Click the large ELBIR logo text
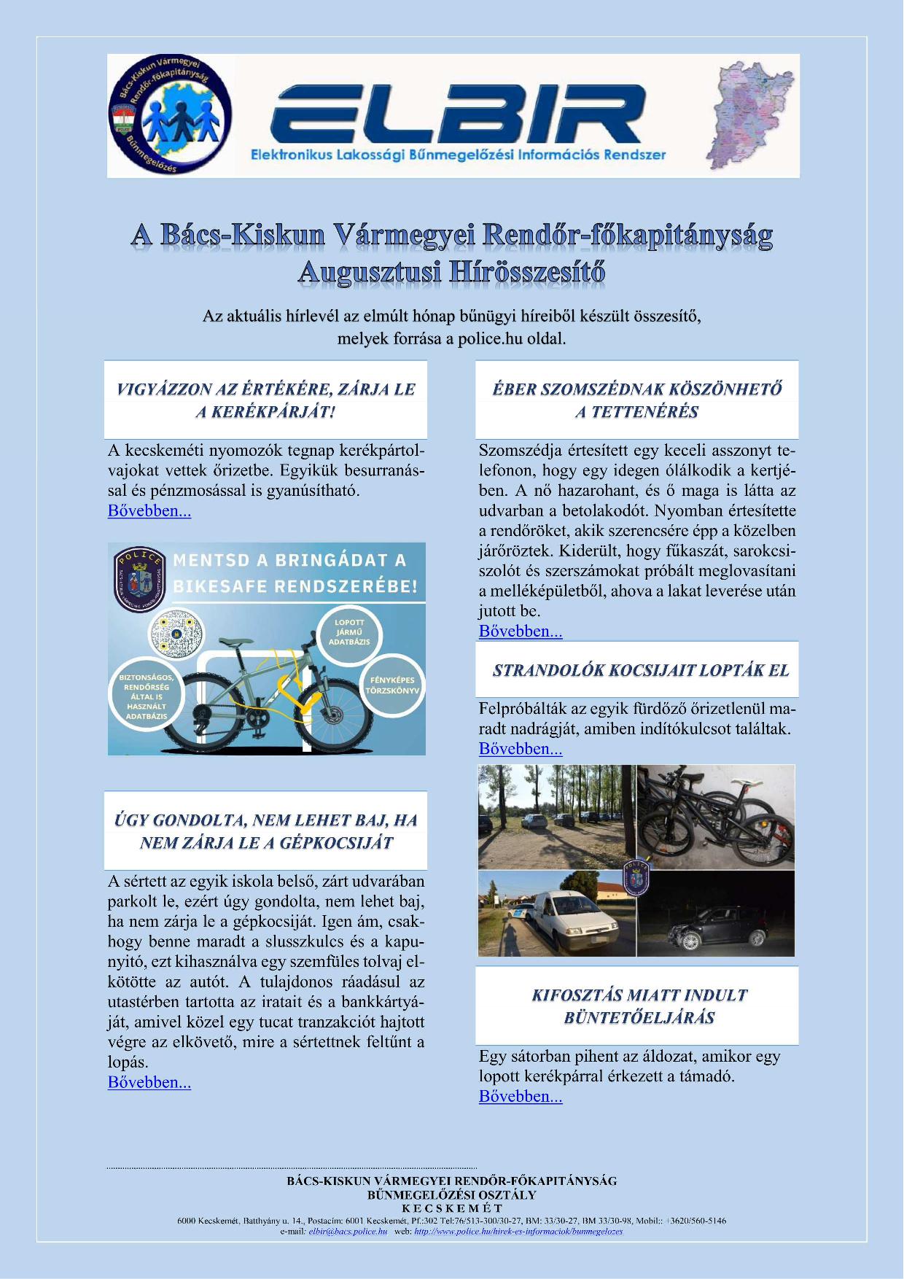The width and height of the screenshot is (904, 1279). pos(457,114)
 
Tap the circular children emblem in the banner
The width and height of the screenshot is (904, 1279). pos(171,115)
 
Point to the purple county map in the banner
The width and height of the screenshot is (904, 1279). pos(751,115)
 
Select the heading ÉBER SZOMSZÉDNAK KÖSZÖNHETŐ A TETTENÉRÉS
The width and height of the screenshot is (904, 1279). pos(636,400)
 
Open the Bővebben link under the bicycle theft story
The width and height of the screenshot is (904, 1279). pos(149,511)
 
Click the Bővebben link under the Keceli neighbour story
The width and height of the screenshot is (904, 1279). pos(521,631)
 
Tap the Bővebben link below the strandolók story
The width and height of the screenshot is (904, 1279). pos(521,749)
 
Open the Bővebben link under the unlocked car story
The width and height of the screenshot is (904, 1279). pos(149,1083)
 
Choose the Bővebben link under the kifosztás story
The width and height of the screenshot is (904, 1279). pos(521,1097)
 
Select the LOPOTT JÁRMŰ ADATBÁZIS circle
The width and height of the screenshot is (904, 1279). pos(348,632)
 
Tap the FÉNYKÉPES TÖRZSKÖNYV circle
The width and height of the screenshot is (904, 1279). pos(391,685)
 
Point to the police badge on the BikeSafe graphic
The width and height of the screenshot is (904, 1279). pos(141,579)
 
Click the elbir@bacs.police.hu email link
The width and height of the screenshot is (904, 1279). pos(348,1232)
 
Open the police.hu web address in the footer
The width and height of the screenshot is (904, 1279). pos(518,1232)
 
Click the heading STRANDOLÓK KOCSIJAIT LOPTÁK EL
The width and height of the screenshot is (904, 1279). pos(640,670)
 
